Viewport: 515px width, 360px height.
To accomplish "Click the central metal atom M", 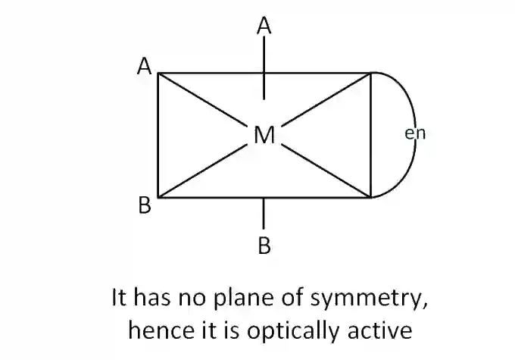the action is click(264, 135).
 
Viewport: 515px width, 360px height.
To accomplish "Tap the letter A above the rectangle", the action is click(264, 26).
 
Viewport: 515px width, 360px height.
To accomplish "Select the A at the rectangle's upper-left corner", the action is click(144, 66).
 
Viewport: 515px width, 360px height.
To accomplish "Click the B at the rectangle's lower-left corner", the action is click(145, 205).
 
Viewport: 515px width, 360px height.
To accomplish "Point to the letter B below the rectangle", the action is click(264, 246).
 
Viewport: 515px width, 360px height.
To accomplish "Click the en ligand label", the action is click(415, 134).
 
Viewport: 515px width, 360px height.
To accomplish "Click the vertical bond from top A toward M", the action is click(264, 67).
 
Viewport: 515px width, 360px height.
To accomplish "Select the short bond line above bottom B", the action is click(264, 214).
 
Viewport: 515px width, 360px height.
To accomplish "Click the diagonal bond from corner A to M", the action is click(202, 99).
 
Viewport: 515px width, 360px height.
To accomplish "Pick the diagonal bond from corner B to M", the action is click(202, 171).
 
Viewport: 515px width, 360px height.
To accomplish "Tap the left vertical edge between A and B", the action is click(158, 135).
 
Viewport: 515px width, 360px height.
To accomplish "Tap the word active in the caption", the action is click(380, 330).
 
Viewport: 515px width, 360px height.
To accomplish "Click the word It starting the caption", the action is click(119, 297).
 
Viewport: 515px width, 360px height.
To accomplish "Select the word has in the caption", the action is click(151, 297).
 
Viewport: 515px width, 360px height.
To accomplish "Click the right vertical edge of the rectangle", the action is click(370, 135).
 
